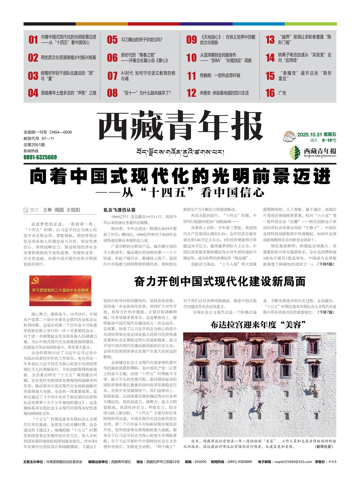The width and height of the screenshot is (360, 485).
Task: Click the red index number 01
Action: tap(33, 40)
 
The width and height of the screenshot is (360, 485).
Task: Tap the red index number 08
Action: tap(112, 93)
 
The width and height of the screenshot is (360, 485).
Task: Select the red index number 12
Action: tap(191, 93)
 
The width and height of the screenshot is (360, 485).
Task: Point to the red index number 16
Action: tap(270, 93)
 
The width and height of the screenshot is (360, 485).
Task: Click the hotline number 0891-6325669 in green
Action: tap(40, 157)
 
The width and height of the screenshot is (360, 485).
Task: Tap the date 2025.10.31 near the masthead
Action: tap(309, 135)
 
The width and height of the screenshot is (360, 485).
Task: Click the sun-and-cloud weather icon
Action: tap(289, 136)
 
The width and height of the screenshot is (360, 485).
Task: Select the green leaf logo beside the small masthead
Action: tap(295, 152)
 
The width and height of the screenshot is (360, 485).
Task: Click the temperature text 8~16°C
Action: tap(329, 140)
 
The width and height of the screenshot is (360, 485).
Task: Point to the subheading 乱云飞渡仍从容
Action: tap(119, 210)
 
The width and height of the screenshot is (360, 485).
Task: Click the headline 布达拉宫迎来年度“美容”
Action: tap(258, 325)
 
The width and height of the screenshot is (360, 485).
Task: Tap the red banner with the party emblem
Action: tap(56, 290)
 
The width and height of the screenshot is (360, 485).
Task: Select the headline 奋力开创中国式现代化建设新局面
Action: tap(220, 282)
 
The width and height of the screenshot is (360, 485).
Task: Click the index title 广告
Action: tap(282, 93)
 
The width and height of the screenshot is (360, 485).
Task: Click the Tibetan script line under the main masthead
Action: tap(180, 152)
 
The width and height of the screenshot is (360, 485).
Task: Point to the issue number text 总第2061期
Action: tap(34, 145)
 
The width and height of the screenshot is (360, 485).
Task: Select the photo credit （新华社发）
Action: tap(324, 447)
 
